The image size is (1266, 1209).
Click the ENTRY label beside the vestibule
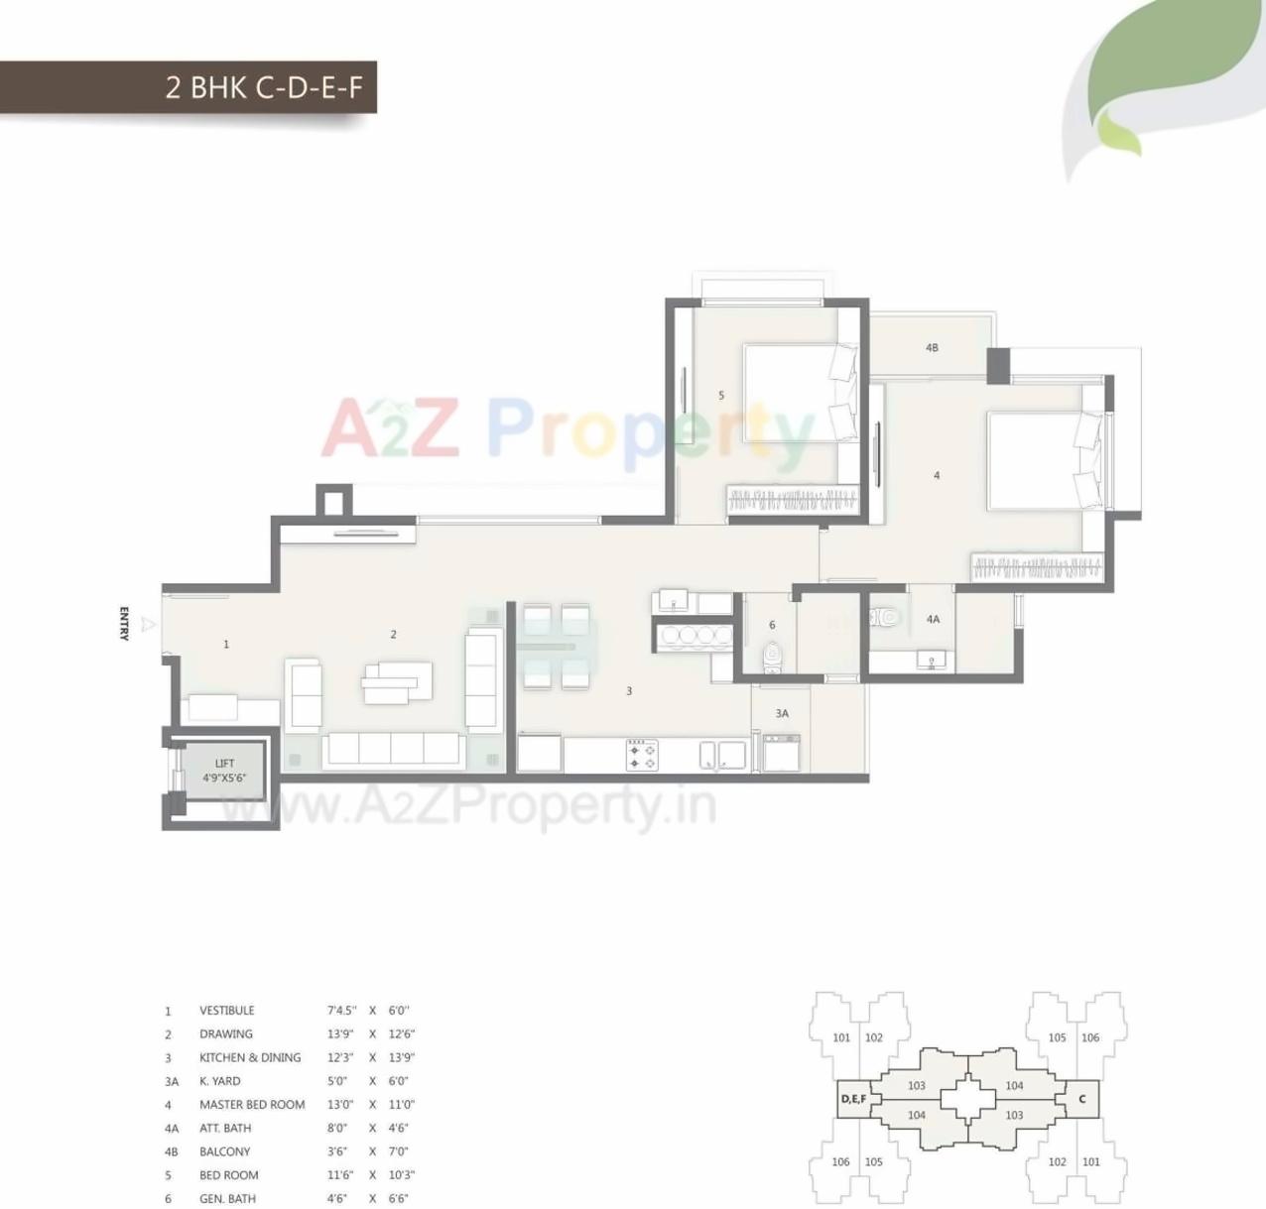(x=124, y=624)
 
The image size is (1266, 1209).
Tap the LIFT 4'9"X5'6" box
(x=224, y=771)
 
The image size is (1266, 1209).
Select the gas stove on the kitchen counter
(x=642, y=755)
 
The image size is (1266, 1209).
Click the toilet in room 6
(x=771, y=656)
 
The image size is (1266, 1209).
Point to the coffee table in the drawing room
(x=396, y=682)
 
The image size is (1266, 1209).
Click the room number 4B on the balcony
(x=932, y=348)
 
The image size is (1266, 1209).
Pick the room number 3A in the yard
(x=782, y=713)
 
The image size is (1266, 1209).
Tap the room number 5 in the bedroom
(x=721, y=396)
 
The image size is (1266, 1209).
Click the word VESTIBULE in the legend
(x=226, y=1011)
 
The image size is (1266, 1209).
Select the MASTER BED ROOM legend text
(x=252, y=1105)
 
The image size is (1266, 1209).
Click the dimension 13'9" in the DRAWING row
(x=340, y=1034)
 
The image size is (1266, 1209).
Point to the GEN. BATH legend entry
(x=227, y=1199)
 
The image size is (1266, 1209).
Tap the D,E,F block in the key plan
(x=853, y=1099)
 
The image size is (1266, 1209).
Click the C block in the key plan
(x=1082, y=1099)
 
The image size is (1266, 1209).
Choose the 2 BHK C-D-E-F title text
(x=264, y=87)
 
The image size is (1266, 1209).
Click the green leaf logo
(x=1171, y=79)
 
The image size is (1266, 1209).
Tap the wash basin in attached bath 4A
(x=931, y=660)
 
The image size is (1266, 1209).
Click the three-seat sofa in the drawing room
(x=394, y=749)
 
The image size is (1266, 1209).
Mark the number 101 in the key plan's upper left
(x=841, y=1037)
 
